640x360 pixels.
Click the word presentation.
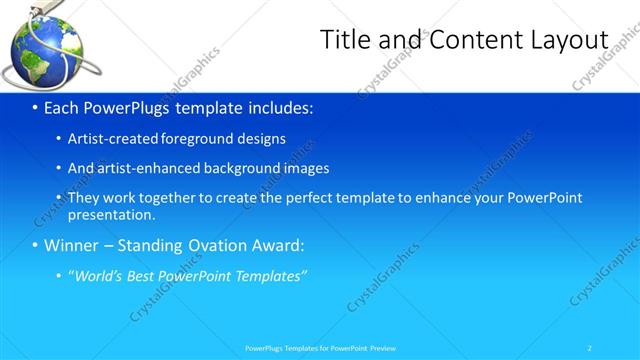point(111,214)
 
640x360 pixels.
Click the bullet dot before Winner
point(35,246)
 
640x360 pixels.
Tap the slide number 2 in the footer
point(590,348)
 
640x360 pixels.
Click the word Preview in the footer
point(380,348)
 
